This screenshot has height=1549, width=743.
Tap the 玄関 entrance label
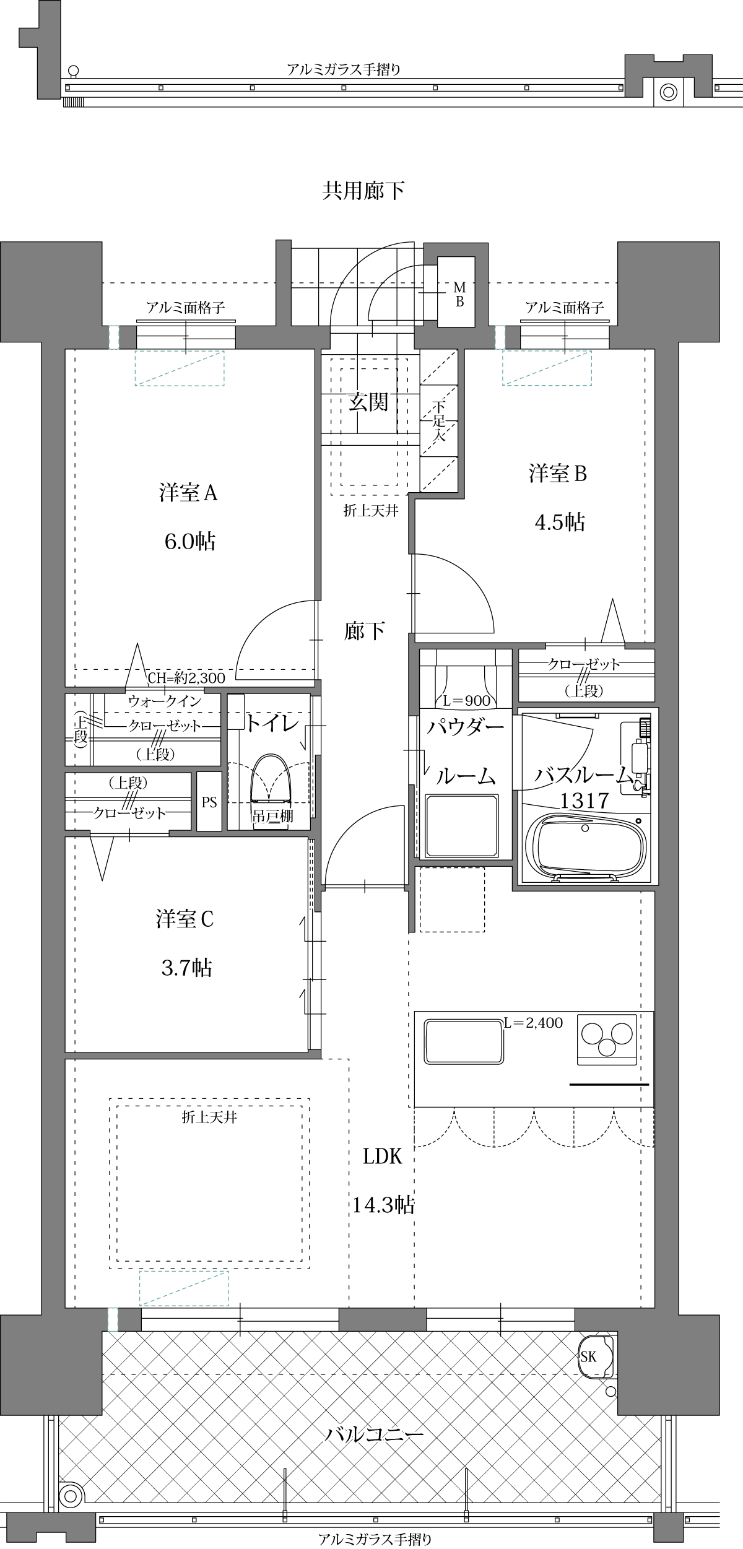tap(368, 402)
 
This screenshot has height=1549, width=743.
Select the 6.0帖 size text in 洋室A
tap(189, 542)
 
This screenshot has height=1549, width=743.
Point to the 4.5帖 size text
tap(559, 523)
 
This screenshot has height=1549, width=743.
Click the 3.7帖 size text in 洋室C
tap(186, 967)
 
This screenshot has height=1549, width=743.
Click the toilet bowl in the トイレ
tap(271, 781)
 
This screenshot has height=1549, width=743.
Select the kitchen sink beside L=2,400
tap(464, 1043)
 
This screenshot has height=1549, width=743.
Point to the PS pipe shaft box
tap(209, 802)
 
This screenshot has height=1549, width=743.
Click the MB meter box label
tap(459, 294)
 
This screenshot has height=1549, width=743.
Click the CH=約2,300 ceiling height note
tap(186, 678)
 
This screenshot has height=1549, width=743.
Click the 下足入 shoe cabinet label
tap(439, 420)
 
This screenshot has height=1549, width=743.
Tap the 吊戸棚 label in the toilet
tap(272, 817)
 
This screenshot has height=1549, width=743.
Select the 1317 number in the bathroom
tap(584, 801)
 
